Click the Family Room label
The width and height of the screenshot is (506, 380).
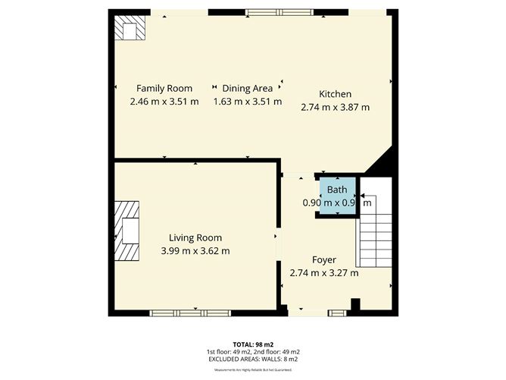[164, 88]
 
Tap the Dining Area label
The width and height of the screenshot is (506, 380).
[247, 88]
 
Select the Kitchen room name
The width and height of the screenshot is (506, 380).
[335, 94]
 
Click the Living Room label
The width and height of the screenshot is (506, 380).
[195, 238]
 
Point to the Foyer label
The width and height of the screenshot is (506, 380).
[324, 259]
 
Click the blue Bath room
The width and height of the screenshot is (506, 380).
[337, 196]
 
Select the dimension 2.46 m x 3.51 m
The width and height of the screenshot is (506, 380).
[164, 101]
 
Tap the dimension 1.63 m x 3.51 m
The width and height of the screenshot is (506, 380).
[247, 101]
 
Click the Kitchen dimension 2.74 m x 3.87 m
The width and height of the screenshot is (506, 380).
[335, 107]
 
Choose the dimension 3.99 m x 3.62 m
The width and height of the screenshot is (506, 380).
[195, 251]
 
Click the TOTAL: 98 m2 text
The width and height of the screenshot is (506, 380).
[252, 344]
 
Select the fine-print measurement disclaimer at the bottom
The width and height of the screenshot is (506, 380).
[252, 369]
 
